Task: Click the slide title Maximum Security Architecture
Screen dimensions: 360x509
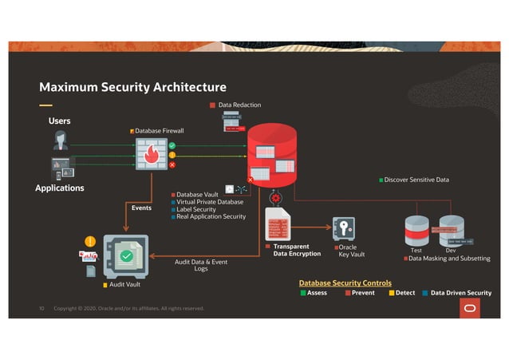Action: [132, 87]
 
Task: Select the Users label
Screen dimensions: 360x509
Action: [60, 121]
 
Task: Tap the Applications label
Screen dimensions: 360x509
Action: [60, 188]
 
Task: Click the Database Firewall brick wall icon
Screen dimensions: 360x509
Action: [151, 154]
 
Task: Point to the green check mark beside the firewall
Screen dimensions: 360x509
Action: [172, 146]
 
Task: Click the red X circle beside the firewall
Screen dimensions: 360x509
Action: [172, 164]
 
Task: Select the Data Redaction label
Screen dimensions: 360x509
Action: [239, 105]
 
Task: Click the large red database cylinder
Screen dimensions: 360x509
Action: [271, 156]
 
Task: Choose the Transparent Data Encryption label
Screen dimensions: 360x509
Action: [291, 251]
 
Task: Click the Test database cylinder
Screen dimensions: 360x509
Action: [416, 231]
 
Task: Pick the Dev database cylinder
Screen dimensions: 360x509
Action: [452, 231]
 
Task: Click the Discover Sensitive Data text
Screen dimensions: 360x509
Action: [416, 180]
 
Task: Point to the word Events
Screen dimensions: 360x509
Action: [141, 208]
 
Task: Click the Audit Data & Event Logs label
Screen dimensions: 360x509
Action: [201, 265]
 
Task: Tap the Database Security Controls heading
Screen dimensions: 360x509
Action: [345, 283]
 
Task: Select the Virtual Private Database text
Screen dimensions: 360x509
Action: [210, 202]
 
